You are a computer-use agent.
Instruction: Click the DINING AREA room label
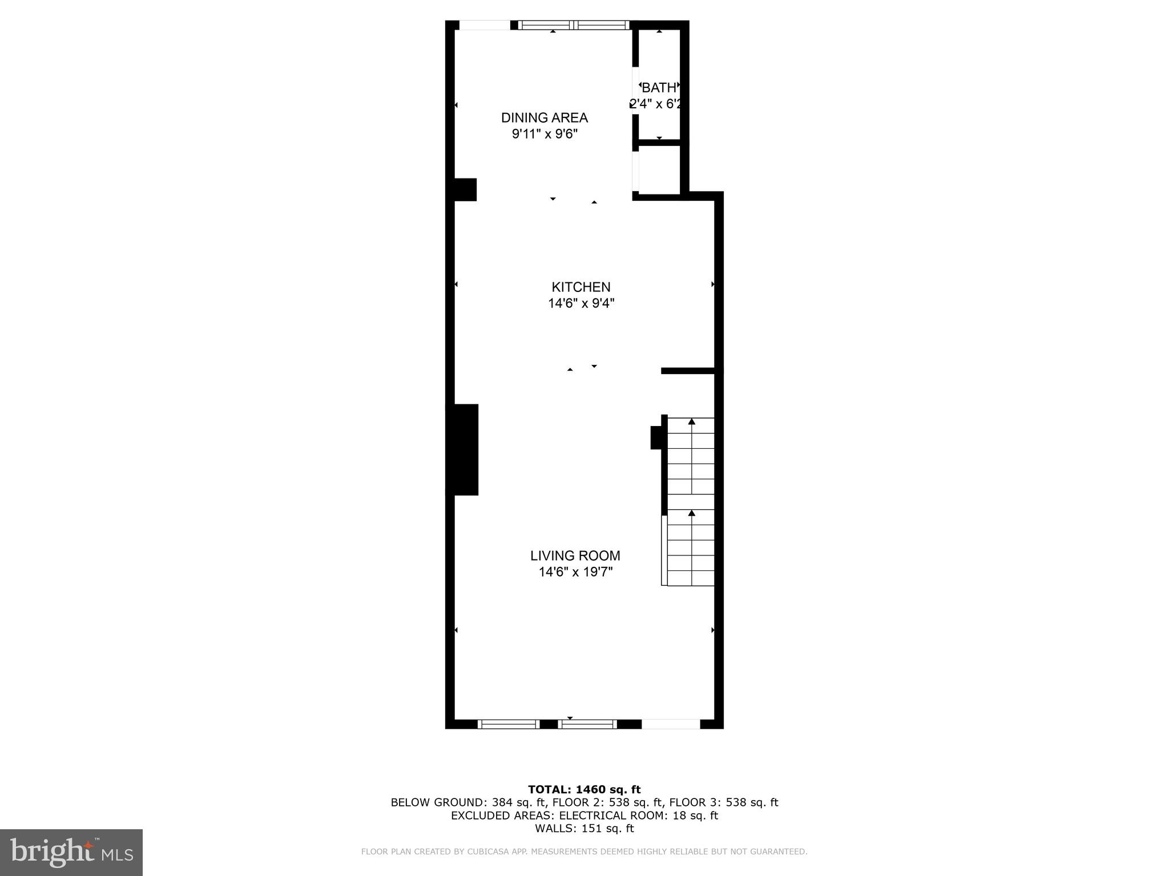544,117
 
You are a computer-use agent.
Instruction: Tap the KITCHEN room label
581,287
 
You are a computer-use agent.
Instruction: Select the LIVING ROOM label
575,555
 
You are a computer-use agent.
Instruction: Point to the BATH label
659,88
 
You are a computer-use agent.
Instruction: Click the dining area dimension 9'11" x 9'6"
545,134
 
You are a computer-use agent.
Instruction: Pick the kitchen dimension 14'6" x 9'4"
581,303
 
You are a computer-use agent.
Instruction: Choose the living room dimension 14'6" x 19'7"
575,571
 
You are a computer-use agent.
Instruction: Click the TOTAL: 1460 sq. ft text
584,789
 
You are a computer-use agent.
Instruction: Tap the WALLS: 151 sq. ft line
584,828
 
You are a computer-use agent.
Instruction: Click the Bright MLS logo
71,852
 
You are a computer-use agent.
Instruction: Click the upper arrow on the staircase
691,421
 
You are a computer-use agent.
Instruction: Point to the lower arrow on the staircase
691,513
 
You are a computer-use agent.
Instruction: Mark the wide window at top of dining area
573,25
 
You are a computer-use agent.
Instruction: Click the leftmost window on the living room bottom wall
508,724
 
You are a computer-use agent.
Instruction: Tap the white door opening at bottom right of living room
671,724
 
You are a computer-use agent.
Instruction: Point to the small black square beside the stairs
656,438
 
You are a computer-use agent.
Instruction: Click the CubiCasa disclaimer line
584,851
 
